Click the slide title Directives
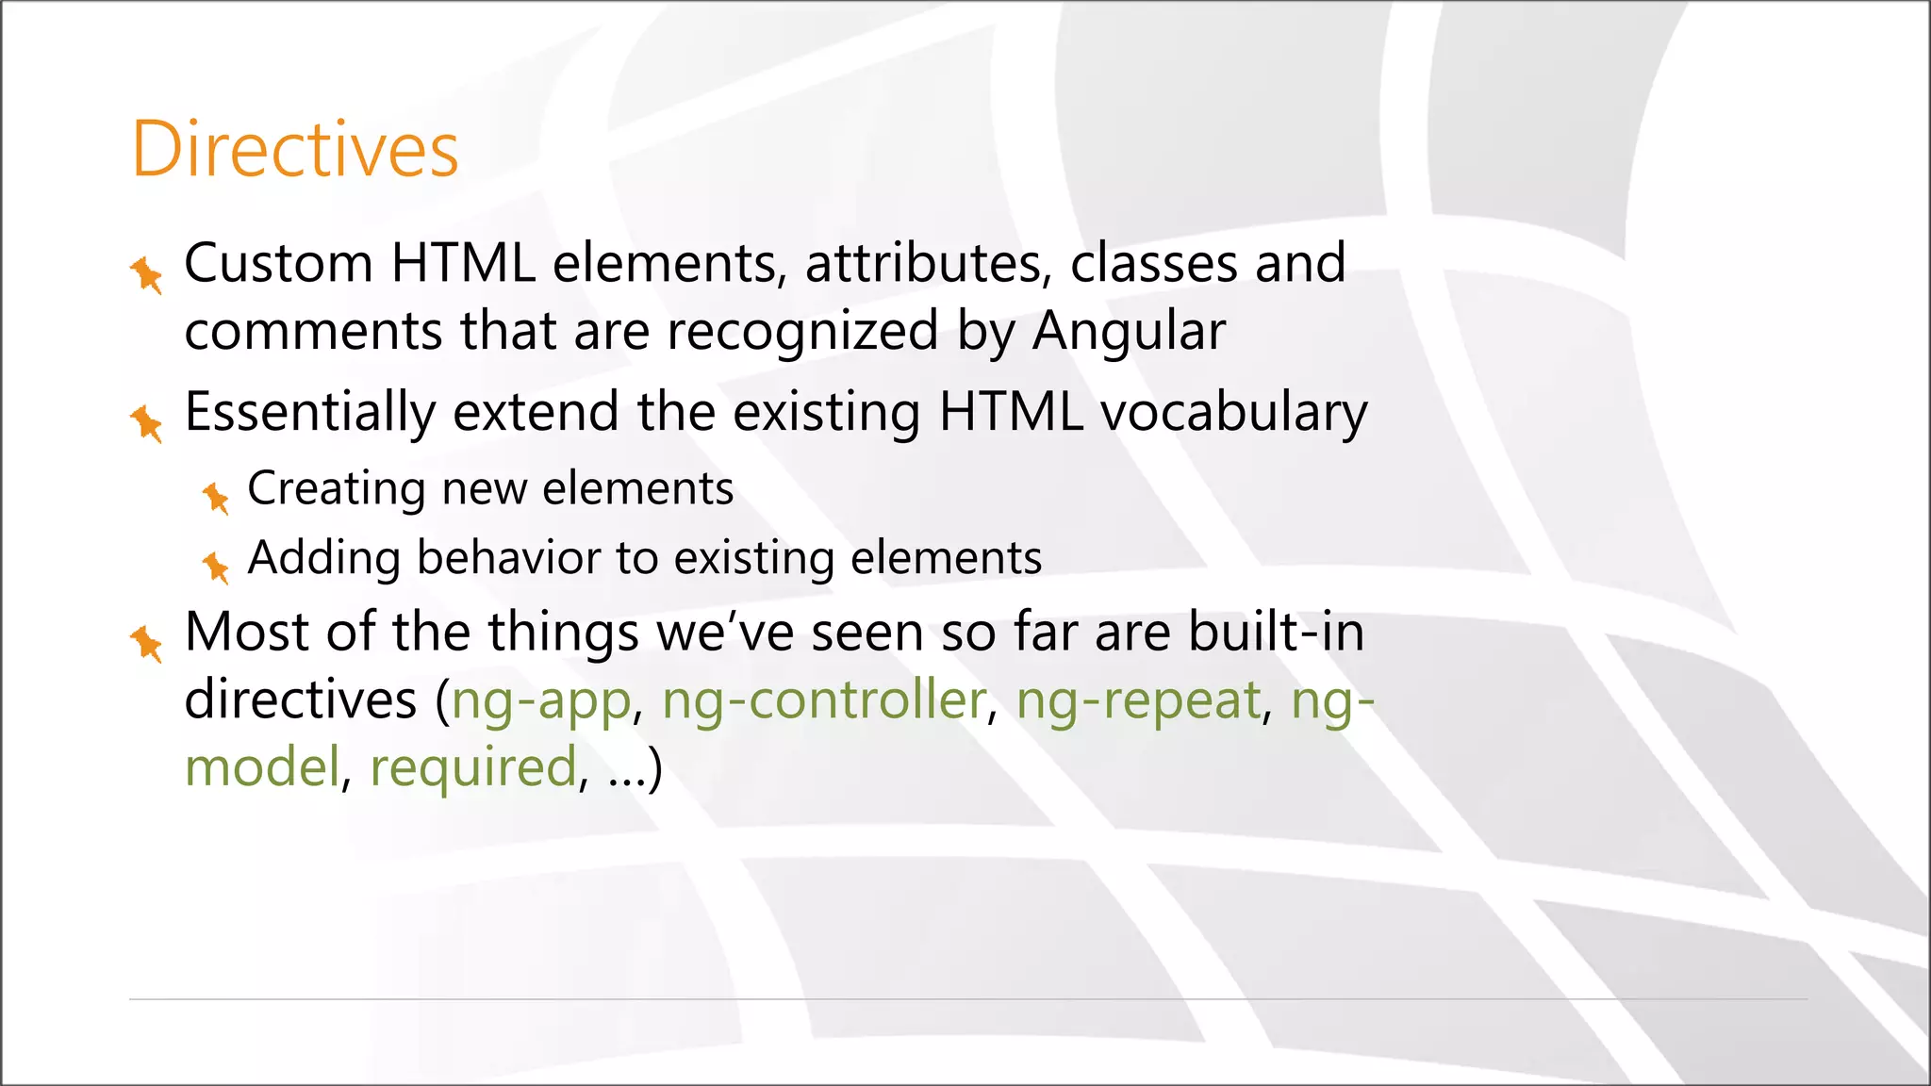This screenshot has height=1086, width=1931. coord(294,149)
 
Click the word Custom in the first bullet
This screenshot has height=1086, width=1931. coord(278,263)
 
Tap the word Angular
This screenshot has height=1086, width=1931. coord(1129,332)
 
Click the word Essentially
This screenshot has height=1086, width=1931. coord(309,413)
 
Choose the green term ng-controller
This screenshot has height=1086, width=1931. coord(823,700)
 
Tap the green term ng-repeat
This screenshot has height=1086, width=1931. coord(1138,700)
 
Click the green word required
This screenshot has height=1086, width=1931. coord(472,768)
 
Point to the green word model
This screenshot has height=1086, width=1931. coord(261,767)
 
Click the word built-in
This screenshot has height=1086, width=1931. coord(1276,632)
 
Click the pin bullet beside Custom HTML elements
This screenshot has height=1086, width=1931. coord(146,274)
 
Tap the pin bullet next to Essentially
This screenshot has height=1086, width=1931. coord(146,422)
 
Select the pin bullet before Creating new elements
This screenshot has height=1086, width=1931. coord(216,497)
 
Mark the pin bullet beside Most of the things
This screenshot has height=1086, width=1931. coord(146,643)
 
